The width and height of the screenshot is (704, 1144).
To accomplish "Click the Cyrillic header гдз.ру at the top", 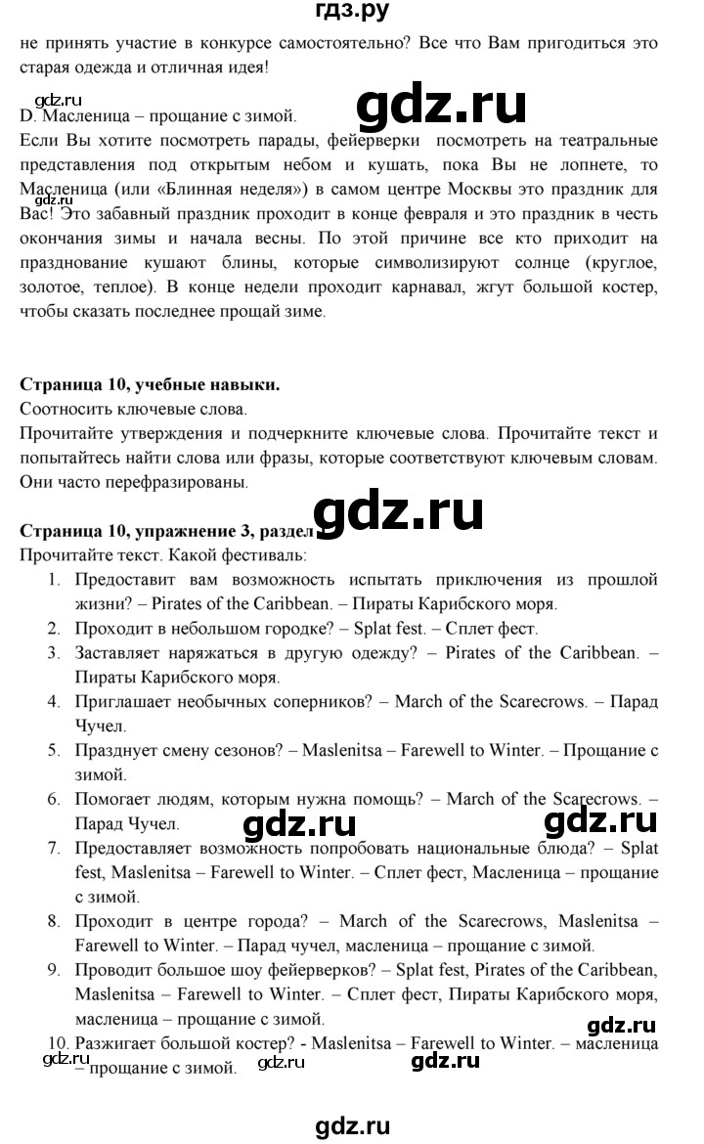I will point(352,13).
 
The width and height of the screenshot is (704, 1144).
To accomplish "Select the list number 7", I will point(54,849).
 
